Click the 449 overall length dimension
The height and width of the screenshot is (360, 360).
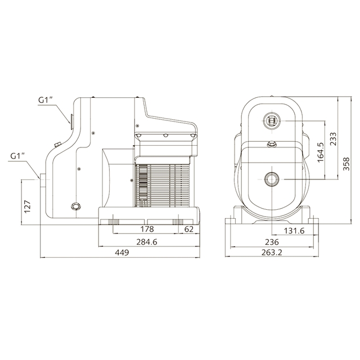coord(122,253)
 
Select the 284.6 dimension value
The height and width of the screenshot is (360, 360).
coord(147,242)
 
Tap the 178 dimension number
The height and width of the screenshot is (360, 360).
coord(147,229)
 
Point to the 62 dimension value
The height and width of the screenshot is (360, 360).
coord(189,229)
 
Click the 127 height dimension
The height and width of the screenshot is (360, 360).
coord(27,206)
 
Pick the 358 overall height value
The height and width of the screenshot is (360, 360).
coord(346,164)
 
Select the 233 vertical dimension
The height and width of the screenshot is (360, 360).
coord(333,139)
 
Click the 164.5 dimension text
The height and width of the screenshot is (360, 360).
coord(321,152)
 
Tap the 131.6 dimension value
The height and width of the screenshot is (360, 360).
coord(294,231)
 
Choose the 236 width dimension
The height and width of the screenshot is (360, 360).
coord(272,242)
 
